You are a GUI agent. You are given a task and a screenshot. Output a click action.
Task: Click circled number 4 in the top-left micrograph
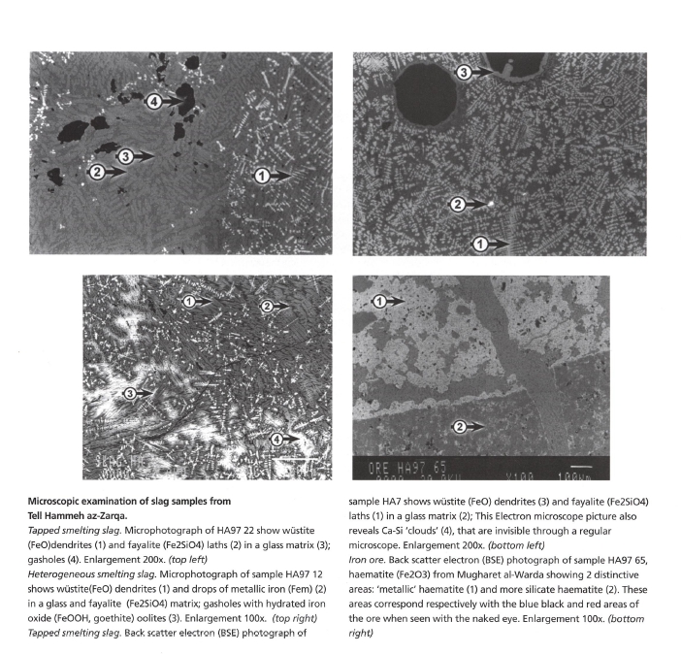(153, 100)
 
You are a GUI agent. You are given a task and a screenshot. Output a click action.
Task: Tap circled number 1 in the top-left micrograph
(261, 176)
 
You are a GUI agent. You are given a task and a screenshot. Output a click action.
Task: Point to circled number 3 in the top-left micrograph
(125, 155)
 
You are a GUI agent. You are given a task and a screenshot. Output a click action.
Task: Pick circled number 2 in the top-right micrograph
(455, 204)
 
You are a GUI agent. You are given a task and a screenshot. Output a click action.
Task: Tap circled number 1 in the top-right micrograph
(478, 245)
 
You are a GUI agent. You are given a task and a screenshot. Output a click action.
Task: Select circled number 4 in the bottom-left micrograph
(277, 439)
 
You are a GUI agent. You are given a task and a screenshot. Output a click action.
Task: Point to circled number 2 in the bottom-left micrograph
(266, 307)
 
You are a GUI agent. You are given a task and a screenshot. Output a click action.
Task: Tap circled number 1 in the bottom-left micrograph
(188, 302)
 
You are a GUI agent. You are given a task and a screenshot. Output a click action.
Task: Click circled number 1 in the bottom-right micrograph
(381, 302)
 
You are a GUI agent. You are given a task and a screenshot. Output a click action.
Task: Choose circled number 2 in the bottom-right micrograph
(461, 425)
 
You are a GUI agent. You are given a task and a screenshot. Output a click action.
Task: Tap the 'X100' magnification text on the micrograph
(519, 474)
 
